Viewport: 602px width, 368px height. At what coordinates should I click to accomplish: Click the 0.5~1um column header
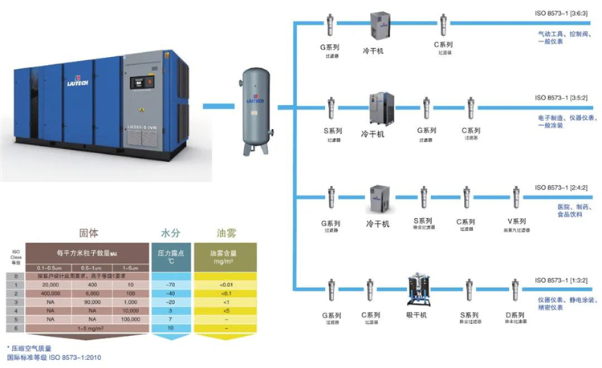coord(88,266)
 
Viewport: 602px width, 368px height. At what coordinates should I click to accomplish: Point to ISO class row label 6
coord(14,327)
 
